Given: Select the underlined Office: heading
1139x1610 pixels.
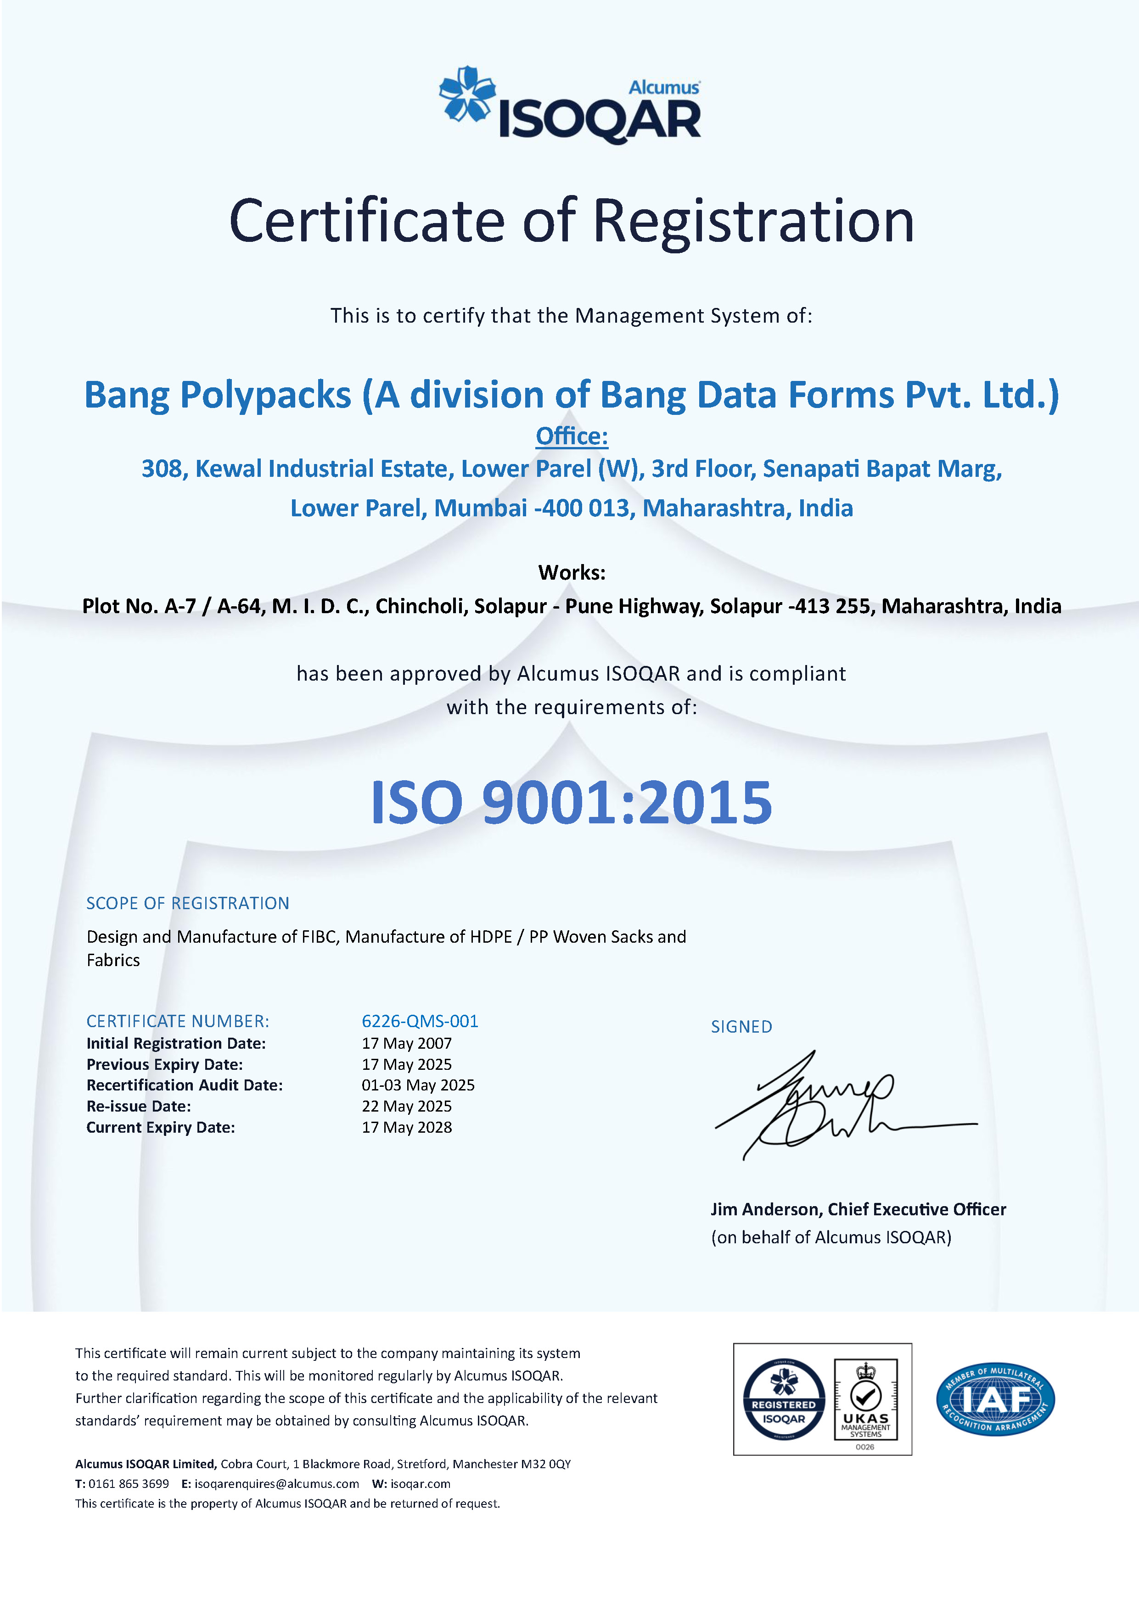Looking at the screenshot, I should pyautogui.click(x=572, y=436).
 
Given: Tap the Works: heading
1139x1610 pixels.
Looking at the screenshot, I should pyautogui.click(x=572, y=572).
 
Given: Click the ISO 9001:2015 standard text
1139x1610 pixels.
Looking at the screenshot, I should pyautogui.click(x=571, y=802).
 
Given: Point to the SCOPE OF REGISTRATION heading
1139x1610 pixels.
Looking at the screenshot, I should pyautogui.click(x=187, y=903).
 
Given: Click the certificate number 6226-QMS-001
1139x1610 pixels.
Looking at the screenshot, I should pyautogui.click(x=420, y=1021).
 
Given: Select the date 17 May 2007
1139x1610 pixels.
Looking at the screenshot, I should pyautogui.click(x=407, y=1043).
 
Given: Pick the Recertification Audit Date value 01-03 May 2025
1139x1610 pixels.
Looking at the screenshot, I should pyautogui.click(x=418, y=1085).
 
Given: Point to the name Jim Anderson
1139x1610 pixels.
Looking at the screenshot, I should pyautogui.click(x=765, y=1210).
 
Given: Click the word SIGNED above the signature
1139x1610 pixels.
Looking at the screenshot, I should pyautogui.click(x=741, y=1027).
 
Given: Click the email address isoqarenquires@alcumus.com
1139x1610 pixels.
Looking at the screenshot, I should pyautogui.click(x=276, y=1484).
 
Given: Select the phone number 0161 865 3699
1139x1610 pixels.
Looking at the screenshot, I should pyautogui.click(x=129, y=1484).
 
